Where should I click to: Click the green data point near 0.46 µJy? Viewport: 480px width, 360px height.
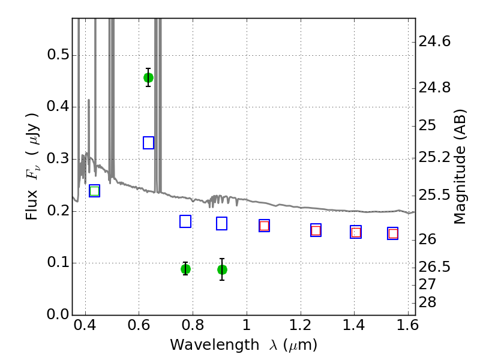pyautogui.click(x=148, y=77)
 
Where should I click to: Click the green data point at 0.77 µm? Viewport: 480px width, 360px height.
pyautogui.click(x=185, y=269)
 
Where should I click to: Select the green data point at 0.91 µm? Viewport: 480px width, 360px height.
pyautogui.click(x=222, y=269)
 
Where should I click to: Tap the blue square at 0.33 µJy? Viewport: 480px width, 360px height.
pyautogui.click(x=149, y=143)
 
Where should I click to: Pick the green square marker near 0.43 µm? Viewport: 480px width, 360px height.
pyautogui.click(x=94, y=191)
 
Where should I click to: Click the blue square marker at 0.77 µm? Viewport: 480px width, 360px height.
pyautogui.click(x=185, y=221)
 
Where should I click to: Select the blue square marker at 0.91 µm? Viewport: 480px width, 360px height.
pyautogui.click(x=222, y=223)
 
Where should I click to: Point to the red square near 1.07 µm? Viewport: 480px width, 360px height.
pyautogui.click(x=264, y=226)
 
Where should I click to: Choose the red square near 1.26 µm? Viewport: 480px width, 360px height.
pyautogui.click(x=316, y=230)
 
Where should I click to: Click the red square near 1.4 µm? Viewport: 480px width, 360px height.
pyautogui.click(x=356, y=232)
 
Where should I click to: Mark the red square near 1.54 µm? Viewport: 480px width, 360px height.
pyautogui.click(x=393, y=233)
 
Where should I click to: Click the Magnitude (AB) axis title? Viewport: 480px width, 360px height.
pyautogui.click(x=460, y=166)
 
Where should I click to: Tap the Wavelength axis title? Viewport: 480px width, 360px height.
pyautogui.click(x=244, y=346)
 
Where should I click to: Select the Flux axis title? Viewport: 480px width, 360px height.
pyautogui.click(x=32, y=166)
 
